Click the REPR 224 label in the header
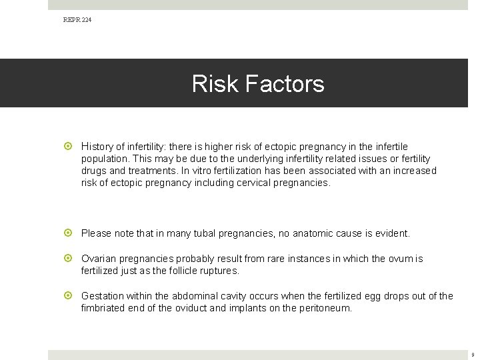pos(77,20)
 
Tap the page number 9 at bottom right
pos(472,355)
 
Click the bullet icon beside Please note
pos(69,233)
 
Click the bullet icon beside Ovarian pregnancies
pos(69,259)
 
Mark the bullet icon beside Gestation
pos(69,296)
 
